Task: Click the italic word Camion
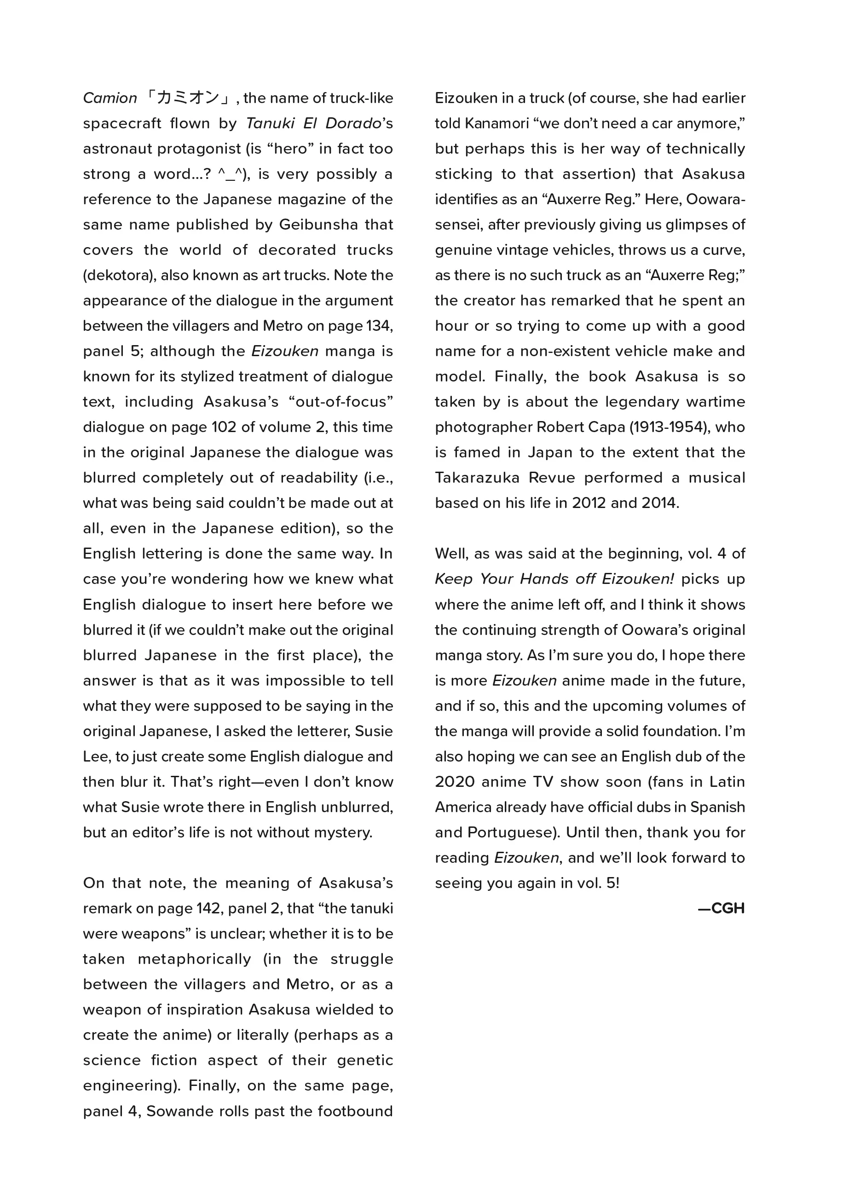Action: [110, 98]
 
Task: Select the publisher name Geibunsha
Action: [318, 225]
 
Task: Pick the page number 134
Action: [379, 326]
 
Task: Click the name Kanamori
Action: [497, 123]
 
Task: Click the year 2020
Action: [454, 782]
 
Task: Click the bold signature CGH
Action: [727, 909]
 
